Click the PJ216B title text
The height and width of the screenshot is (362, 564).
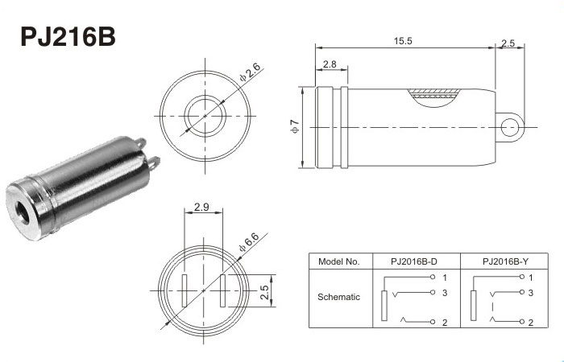[68, 37]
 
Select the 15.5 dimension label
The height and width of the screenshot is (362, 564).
[403, 41]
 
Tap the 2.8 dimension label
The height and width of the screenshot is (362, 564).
[330, 64]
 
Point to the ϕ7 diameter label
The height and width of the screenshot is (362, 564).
[295, 126]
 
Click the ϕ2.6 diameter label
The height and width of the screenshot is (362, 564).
[250, 72]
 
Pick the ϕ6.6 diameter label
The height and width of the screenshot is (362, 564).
[248, 242]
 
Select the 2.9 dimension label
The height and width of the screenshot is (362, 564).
[201, 208]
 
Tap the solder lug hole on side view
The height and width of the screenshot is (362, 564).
[510, 127]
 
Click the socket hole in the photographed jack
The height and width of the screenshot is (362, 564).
[23, 212]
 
